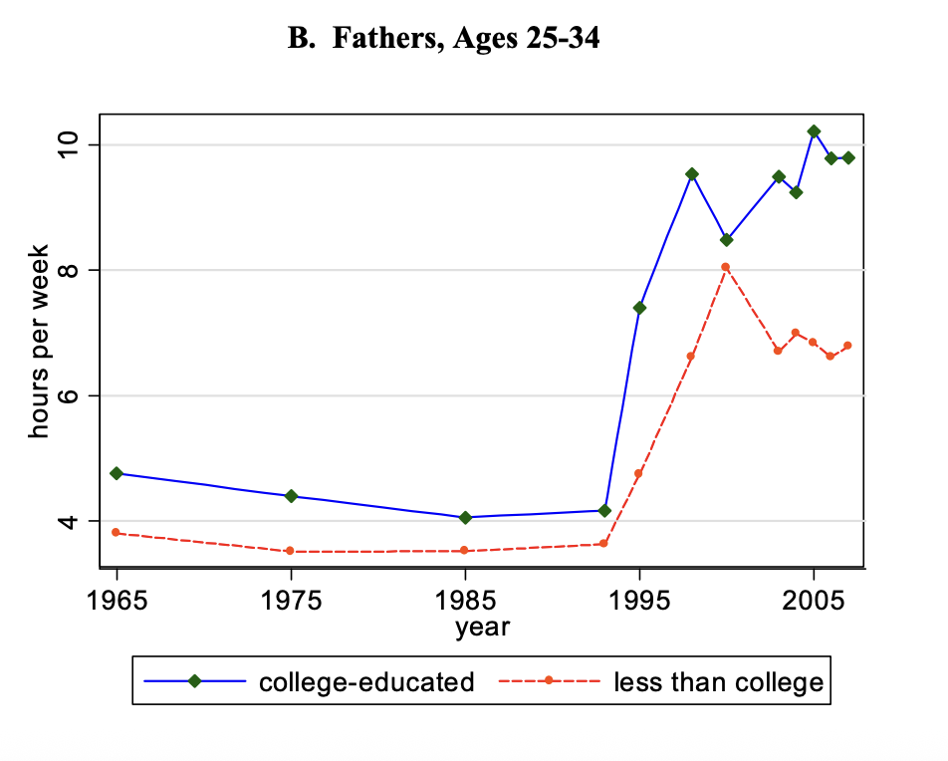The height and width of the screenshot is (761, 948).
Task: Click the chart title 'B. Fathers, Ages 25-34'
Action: pyautogui.click(x=444, y=41)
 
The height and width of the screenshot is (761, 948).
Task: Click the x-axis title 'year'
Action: pyautogui.click(x=483, y=627)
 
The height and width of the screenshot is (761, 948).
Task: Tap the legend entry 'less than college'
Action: pyautogui.click(x=719, y=682)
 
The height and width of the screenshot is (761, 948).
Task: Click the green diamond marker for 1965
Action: pyautogui.click(x=117, y=473)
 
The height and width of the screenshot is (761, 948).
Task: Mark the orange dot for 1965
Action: pyautogui.click(x=117, y=533)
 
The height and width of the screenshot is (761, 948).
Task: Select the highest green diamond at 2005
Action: pyautogui.click(x=814, y=131)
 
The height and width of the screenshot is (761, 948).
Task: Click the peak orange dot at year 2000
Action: pyautogui.click(x=726, y=267)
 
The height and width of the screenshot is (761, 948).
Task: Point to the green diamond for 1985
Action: pyautogui.click(x=465, y=517)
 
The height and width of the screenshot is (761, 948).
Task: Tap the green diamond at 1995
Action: pyautogui.click(x=639, y=308)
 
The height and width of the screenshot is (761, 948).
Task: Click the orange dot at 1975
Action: pyautogui.click(x=290, y=551)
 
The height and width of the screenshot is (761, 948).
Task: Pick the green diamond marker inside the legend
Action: pyautogui.click(x=195, y=681)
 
